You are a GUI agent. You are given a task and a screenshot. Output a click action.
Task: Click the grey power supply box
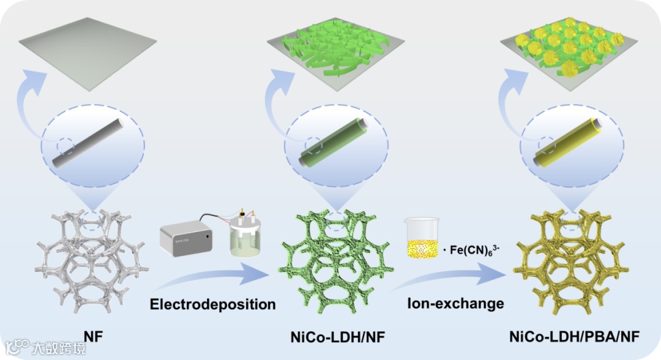click(x=187, y=241)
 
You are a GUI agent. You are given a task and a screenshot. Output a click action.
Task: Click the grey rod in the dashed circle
click(x=92, y=144)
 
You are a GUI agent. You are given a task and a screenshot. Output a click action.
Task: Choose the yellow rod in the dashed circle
click(x=571, y=144)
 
